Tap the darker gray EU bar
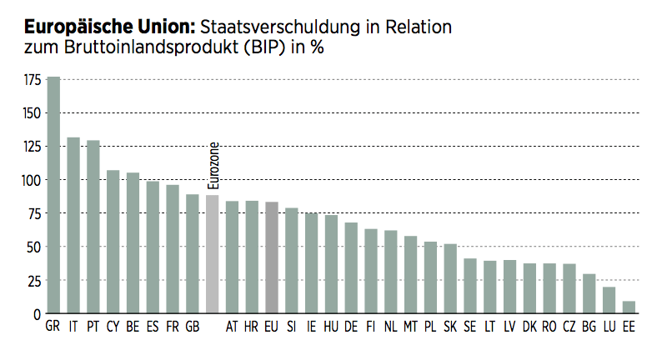(272, 257)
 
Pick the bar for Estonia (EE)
(629, 307)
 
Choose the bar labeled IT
(73, 226)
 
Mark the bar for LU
(609, 300)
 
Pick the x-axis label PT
(93, 327)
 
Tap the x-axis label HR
(252, 327)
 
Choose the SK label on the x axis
(450, 327)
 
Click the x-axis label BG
(589, 327)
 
